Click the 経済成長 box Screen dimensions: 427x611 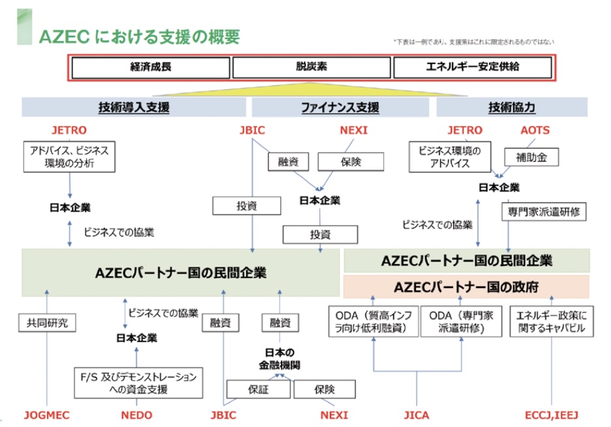tap(150, 67)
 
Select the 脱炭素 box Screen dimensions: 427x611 tap(310, 67)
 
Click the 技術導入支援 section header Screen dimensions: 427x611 tap(134, 108)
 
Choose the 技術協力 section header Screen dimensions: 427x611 tap(511, 108)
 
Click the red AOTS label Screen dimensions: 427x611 tap(535, 130)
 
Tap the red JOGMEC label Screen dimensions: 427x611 tap(46, 415)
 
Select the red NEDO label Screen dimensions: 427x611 tap(136, 415)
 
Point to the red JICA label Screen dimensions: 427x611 tap(416, 415)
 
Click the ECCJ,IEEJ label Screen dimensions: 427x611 tap(552, 415)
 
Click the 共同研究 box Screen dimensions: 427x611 tap(47, 322)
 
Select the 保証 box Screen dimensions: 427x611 tap(258, 390)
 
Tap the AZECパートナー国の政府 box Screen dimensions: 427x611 tap(466, 287)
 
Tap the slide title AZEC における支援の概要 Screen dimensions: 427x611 tap(140, 37)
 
